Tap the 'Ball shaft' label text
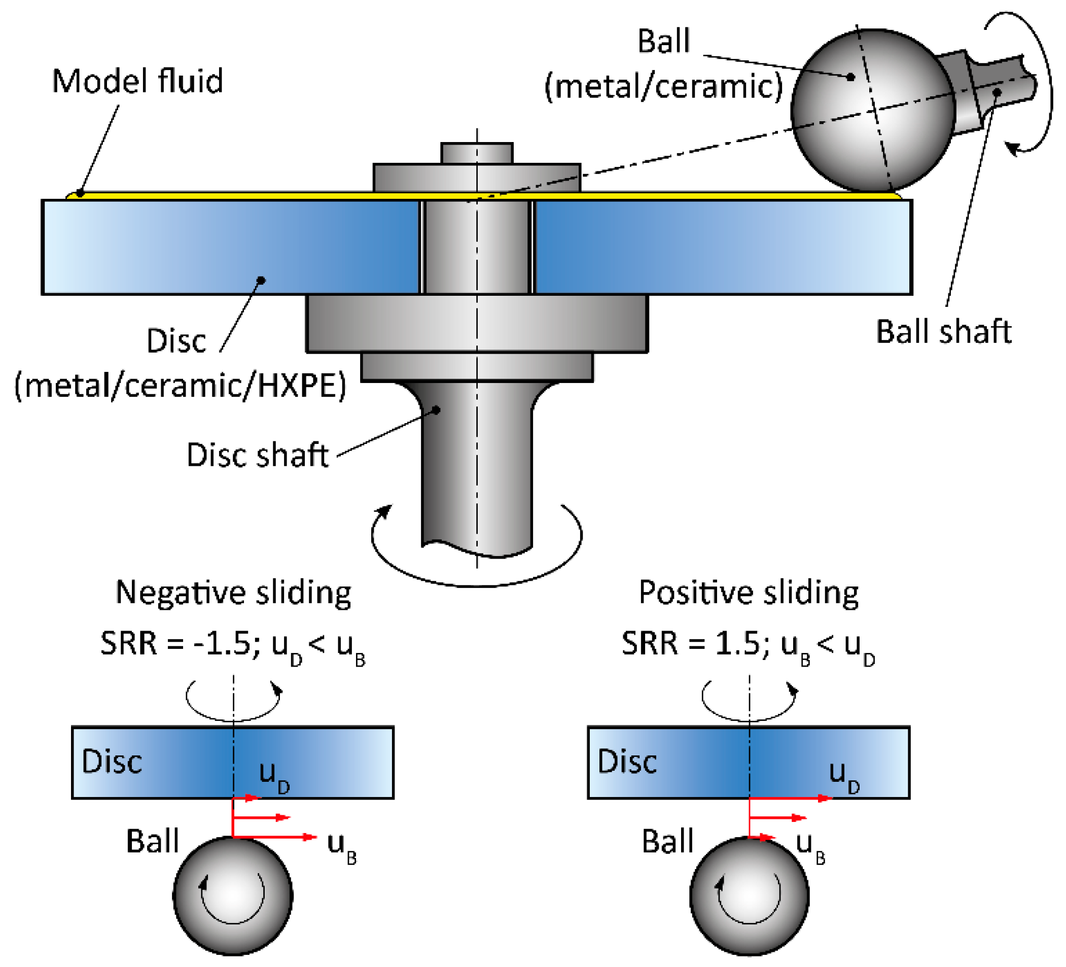[x=944, y=332]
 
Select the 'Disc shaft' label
[x=258, y=455]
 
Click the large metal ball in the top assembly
[x=873, y=110]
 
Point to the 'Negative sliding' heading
[x=233, y=593]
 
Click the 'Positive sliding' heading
[x=749, y=593]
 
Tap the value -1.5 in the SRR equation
[x=222, y=644]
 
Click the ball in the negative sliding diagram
[x=233, y=896]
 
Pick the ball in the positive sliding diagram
[x=749, y=896]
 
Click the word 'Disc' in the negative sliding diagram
[x=112, y=762]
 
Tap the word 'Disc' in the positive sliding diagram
[x=628, y=762]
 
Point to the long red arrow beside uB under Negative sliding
[x=275, y=838]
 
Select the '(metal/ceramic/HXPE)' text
[x=180, y=386]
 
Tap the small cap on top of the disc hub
[x=477, y=153]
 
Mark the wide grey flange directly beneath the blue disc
[x=477, y=323]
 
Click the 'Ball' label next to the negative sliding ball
[x=152, y=841]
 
